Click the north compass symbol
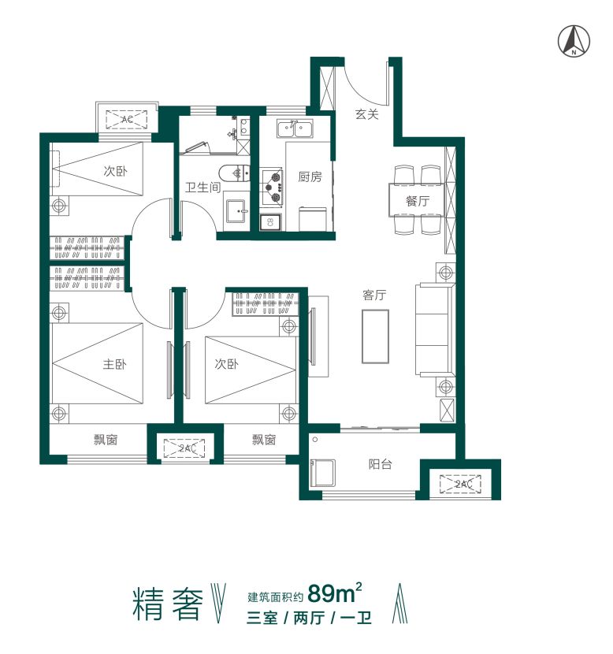(574, 41)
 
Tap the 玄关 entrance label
(366, 114)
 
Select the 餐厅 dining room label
(418, 201)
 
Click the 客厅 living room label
(374, 295)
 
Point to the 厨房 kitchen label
(310, 177)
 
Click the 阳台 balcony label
(380, 464)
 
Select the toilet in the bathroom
(234, 173)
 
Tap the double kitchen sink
(293, 128)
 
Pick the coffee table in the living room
(375, 336)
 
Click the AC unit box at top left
(127, 119)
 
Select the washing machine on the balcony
(324, 473)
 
